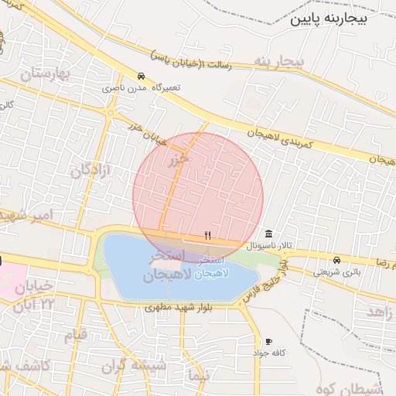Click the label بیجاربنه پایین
pyautogui.click(x=341, y=19)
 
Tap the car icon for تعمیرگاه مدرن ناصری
pyautogui.click(x=140, y=77)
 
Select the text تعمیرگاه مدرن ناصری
pyautogui.click(x=144, y=88)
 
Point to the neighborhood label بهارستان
pyautogui.click(x=44, y=74)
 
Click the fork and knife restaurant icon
pyautogui.click(x=207, y=234)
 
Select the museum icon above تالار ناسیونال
pyautogui.click(x=268, y=234)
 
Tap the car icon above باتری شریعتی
pyautogui.click(x=336, y=260)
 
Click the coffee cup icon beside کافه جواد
pyautogui.click(x=268, y=341)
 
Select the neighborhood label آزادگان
pyautogui.click(x=91, y=171)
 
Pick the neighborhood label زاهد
pyautogui.click(x=381, y=311)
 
